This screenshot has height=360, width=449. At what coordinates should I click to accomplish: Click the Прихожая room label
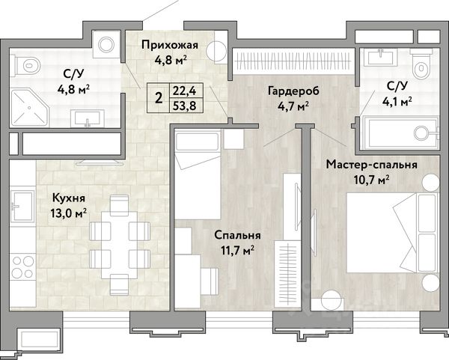(x=170, y=45)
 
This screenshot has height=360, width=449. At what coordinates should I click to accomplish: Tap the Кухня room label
(x=69, y=198)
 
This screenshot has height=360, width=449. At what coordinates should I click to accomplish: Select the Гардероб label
(x=293, y=91)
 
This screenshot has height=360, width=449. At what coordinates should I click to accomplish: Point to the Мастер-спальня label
(x=371, y=165)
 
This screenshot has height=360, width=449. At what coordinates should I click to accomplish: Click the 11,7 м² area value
(x=237, y=251)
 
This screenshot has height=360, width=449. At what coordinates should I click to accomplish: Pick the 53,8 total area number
(x=185, y=106)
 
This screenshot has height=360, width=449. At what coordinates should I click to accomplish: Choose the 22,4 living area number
(x=185, y=91)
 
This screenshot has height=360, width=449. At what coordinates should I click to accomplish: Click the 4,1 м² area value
(x=397, y=101)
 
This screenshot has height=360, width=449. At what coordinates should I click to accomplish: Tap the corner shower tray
(x=30, y=108)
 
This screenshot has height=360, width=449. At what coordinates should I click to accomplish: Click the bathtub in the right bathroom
(x=400, y=132)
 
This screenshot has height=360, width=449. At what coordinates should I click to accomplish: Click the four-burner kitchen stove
(x=23, y=267)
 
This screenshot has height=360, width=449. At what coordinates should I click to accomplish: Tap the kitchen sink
(x=23, y=206)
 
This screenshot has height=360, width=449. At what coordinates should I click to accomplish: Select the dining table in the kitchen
(x=120, y=245)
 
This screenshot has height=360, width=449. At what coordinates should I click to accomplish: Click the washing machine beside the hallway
(x=106, y=45)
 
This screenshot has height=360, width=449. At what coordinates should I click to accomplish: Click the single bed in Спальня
(x=198, y=174)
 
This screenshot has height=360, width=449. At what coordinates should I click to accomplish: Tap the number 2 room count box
(x=159, y=98)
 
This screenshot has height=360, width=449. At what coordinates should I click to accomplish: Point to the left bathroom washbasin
(x=88, y=118)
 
